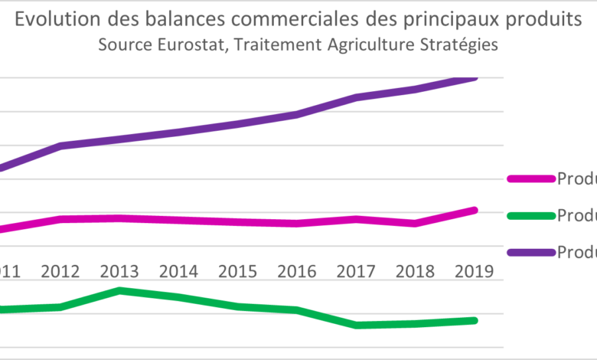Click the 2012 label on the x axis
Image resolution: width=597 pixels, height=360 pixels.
click(x=60, y=271)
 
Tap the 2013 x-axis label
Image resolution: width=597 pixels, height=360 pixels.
click(x=119, y=271)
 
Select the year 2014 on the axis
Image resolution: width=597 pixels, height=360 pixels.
click(x=178, y=271)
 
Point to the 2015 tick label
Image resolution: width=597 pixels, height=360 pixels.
click(x=238, y=271)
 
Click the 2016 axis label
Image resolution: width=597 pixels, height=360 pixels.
click(x=297, y=271)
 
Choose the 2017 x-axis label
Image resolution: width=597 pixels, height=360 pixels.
click(x=357, y=271)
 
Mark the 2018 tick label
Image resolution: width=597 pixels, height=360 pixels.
click(x=416, y=271)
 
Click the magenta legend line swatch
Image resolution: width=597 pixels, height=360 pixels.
click(x=530, y=178)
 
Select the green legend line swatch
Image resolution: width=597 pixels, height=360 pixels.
click(x=530, y=215)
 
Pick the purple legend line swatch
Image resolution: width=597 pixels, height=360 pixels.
click(x=530, y=252)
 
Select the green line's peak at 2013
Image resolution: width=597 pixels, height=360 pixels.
click(x=119, y=290)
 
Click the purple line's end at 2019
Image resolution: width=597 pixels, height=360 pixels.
click(x=475, y=77)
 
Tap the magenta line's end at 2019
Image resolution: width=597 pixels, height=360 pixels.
click(x=475, y=210)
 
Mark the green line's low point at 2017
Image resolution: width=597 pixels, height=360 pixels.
click(x=357, y=326)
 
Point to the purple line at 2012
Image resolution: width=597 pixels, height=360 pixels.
click(x=60, y=146)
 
